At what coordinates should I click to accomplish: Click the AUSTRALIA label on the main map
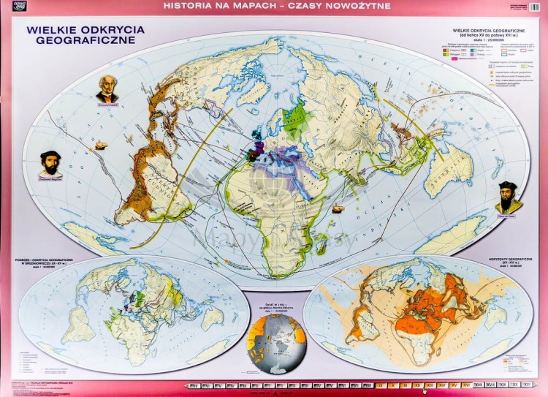point(449,165)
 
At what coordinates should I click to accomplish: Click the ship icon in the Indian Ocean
point(338,209)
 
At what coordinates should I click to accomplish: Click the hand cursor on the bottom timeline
point(424,390)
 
